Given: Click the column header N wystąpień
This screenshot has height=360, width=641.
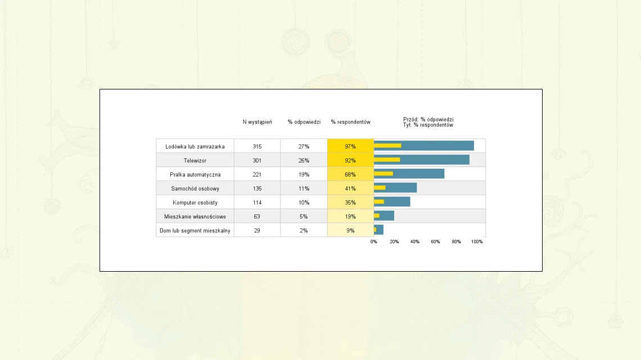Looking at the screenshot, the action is [257, 122].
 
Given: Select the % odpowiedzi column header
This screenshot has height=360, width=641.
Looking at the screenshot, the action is [304, 122].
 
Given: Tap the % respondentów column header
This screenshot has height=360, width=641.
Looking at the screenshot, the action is [351, 122].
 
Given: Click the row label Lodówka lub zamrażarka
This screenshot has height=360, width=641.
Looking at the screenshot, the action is [195, 146].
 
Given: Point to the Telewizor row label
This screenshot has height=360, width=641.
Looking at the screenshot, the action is [195, 160].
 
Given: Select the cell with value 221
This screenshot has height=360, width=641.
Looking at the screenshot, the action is [257, 174].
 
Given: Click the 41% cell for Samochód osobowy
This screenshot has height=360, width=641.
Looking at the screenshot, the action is [350, 188].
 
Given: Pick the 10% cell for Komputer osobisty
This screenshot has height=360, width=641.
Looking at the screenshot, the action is [304, 202].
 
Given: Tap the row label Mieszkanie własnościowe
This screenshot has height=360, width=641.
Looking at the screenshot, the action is [195, 217].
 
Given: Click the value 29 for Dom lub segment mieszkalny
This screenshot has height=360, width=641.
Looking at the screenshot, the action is [257, 231].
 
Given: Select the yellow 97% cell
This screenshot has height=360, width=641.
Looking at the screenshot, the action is [350, 146].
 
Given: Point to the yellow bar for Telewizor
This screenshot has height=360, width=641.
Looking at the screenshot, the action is [387, 160].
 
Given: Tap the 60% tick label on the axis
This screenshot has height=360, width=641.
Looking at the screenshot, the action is [435, 242].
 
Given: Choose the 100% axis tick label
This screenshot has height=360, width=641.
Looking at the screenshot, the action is [477, 242].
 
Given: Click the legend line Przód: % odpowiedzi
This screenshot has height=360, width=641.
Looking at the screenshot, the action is [428, 119].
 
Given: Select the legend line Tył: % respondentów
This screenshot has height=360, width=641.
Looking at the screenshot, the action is [428, 125].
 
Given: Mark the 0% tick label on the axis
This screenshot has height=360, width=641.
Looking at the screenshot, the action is [374, 242].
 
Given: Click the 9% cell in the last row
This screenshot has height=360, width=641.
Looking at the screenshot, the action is [350, 231].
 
